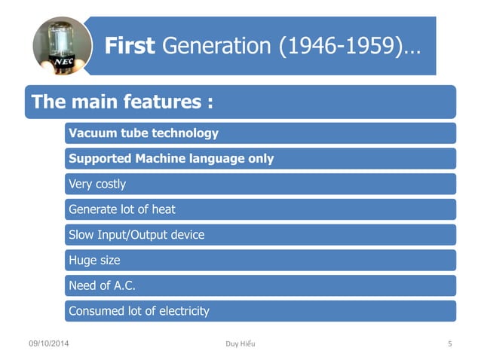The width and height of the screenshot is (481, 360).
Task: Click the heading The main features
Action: [x=118, y=102]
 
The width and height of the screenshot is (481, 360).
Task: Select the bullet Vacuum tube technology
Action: [x=143, y=133]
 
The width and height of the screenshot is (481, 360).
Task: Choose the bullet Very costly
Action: [x=97, y=184]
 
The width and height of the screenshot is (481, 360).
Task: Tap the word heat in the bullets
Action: [x=163, y=209]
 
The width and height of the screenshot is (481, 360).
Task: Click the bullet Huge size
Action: [x=94, y=260]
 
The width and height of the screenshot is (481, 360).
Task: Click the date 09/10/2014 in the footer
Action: [x=51, y=344]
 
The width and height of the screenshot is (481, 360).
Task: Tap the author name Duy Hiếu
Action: [x=240, y=344]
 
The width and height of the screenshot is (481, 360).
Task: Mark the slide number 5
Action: [x=449, y=344]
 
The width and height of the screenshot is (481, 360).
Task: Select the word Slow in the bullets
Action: [x=81, y=234]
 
